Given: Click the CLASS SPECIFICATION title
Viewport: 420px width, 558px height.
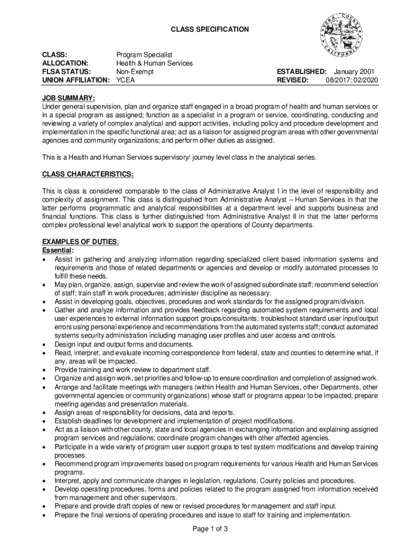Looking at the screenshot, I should (x=210, y=29).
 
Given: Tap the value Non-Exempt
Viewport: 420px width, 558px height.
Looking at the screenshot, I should (x=135, y=71).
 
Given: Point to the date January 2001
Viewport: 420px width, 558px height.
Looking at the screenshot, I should (x=356, y=71).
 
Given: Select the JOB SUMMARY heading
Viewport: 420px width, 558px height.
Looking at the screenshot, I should (x=69, y=98).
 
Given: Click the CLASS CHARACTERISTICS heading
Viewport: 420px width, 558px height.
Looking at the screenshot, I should (x=88, y=174).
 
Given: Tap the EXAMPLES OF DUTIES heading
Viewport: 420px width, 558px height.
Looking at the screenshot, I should (x=80, y=241).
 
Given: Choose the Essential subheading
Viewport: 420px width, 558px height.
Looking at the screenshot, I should (x=58, y=250).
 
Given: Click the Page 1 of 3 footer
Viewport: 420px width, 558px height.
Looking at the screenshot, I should (x=210, y=529).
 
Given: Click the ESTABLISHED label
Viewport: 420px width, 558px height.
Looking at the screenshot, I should (x=302, y=71).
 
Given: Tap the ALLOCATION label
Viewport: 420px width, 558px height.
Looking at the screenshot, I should (x=66, y=63).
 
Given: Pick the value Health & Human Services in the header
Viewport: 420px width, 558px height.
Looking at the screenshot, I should (x=154, y=63).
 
